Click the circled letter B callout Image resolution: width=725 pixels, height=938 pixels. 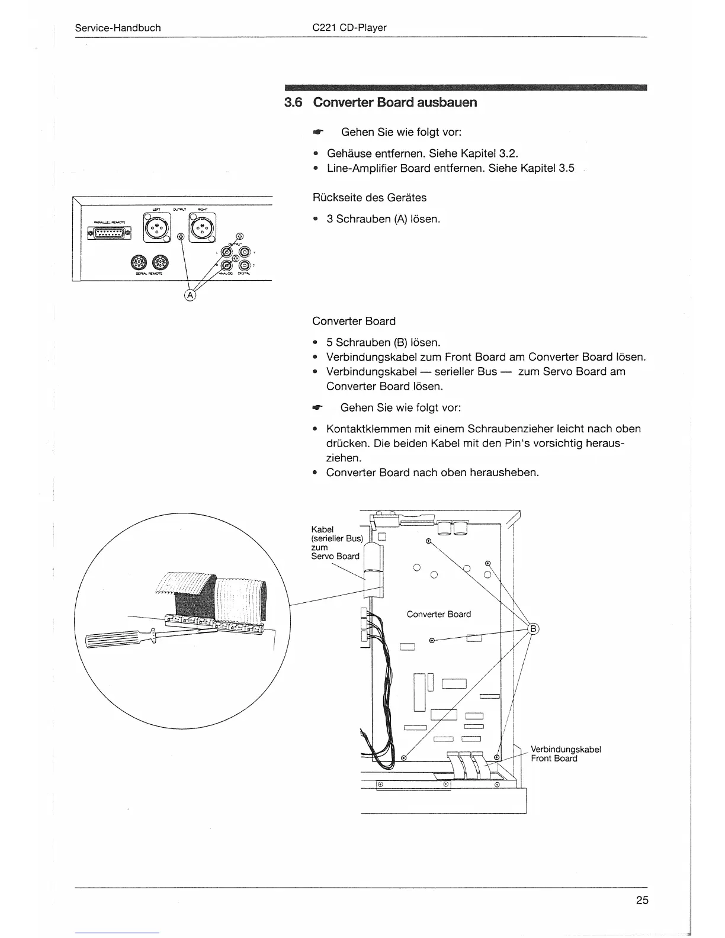click(532, 629)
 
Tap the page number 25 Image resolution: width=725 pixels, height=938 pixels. click(642, 901)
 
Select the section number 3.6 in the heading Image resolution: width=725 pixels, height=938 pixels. click(293, 102)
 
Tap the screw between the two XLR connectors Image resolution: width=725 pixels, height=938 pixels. click(181, 237)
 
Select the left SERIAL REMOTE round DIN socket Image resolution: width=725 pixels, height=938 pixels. click(137, 262)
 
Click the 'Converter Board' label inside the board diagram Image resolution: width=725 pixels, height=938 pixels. click(438, 614)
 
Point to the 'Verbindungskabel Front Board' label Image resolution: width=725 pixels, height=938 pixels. click(565, 754)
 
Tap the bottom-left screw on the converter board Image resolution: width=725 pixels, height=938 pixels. click(403, 757)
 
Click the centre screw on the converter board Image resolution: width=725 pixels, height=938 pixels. click(432, 640)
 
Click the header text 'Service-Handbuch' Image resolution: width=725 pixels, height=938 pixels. click(118, 28)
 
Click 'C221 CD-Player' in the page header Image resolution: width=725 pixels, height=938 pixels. click(349, 28)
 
